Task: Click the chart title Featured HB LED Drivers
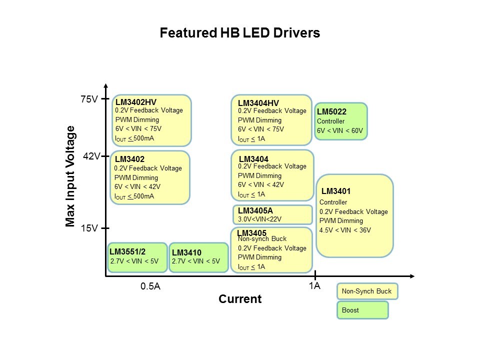pos(239,33)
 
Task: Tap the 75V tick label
pos(89,99)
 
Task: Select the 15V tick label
pos(89,228)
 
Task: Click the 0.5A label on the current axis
pos(150,286)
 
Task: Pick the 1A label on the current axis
pos(314,286)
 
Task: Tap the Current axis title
pos(240,299)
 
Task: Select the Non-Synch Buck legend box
pos(367,291)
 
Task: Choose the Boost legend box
pos(362,310)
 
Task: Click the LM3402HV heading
pos(136,102)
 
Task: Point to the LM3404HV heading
pos(258,103)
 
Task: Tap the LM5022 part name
pos(331,111)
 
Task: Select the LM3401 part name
pos(336,191)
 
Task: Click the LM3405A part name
pos(255,210)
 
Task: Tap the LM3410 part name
pos(186,252)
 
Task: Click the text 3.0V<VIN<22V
pos(260,218)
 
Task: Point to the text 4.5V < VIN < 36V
pos(345,230)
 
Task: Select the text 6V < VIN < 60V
pos(340,131)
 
